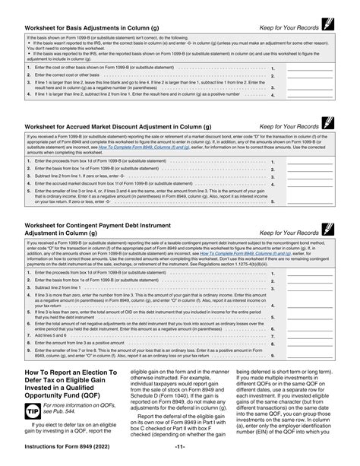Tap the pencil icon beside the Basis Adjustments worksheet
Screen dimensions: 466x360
coord(329,26)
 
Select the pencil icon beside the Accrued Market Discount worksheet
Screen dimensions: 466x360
coord(329,122)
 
